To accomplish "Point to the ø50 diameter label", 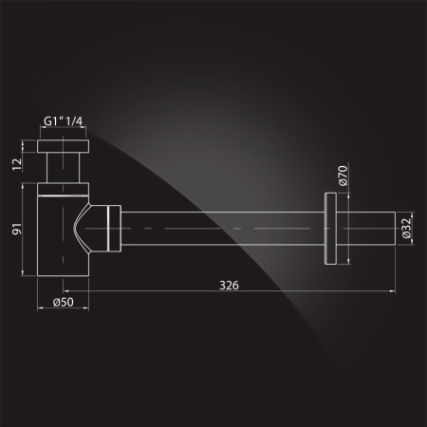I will pos(58,303).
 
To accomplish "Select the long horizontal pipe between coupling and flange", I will pos(223,231).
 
